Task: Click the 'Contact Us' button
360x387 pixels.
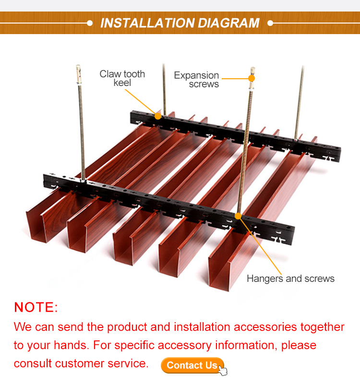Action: pos(192,365)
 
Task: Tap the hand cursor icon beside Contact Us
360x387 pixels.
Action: pos(223,371)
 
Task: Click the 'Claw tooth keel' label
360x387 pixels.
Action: pos(122,78)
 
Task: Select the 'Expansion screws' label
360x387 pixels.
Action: pos(196,80)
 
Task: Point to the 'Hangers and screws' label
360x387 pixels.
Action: pos(291,278)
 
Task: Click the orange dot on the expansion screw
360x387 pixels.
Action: pos(252,78)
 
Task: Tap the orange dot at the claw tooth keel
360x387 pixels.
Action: pos(158,116)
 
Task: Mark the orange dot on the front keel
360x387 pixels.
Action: pos(238,216)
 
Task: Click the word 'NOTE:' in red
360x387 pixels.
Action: pos(36,307)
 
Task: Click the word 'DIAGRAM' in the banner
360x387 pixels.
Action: pos(228,23)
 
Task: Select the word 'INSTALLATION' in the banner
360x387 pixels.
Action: pos(147,23)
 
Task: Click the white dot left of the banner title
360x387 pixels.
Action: pos(90,23)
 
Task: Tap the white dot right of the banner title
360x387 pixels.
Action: pos(270,23)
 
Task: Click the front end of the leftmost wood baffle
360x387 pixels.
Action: pos(39,227)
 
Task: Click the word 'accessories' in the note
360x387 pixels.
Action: pos(265,327)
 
